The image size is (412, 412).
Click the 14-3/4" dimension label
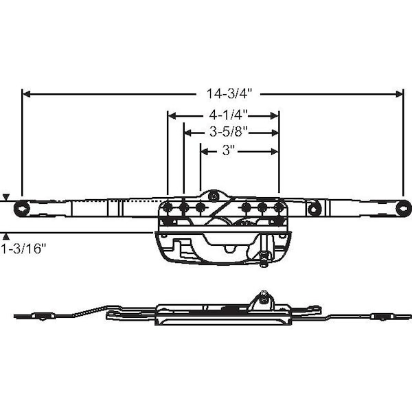coord(229,93)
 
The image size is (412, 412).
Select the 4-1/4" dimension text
coord(229,115)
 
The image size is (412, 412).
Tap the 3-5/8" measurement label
coord(229,132)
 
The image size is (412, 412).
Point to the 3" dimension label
coord(228,151)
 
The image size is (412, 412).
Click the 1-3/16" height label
coord(23,249)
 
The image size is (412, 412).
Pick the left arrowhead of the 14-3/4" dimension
coord(26,94)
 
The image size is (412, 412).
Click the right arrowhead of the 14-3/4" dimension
coord(399,94)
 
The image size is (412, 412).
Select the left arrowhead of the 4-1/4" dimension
coord(172,115)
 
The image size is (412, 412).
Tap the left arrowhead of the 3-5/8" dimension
coord(187,133)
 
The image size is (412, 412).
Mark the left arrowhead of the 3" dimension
coord(205,152)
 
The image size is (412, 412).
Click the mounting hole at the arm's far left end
coord(21,209)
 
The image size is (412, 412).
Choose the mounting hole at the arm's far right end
coord(403,208)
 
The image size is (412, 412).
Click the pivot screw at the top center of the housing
coord(214,196)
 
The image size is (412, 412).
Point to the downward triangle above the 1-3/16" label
coord(6,197)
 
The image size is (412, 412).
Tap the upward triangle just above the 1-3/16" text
coord(6,237)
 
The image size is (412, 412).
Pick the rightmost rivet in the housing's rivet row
coord(278,207)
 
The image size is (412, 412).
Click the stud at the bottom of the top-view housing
coord(264,259)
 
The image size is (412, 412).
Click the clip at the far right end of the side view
coord(381,317)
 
